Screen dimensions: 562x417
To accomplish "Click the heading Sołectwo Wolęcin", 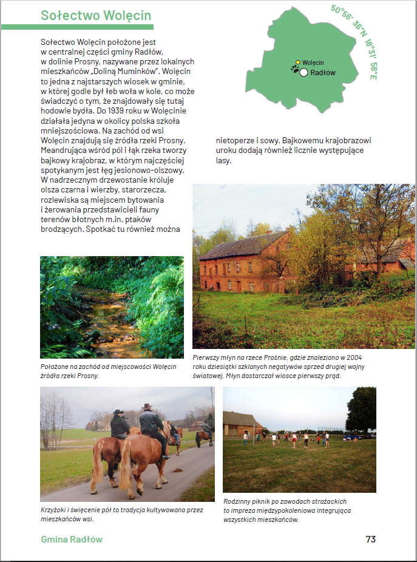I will pyautogui.click(x=96, y=16).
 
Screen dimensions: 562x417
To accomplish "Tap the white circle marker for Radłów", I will pyautogui.click(x=303, y=73).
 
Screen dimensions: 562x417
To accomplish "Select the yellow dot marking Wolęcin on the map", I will pyautogui.click(x=297, y=62).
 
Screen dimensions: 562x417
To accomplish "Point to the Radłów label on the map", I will pyautogui.click(x=323, y=73).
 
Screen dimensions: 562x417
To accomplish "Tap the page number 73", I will pyautogui.click(x=370, y=539).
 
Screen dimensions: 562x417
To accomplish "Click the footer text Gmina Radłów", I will pyautogui.click(x=72, y=539).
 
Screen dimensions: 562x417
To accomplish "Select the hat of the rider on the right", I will pyautogui.click(x=147, y=407).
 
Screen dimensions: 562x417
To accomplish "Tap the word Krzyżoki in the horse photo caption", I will pyautogui.click(x=55, y=510).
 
